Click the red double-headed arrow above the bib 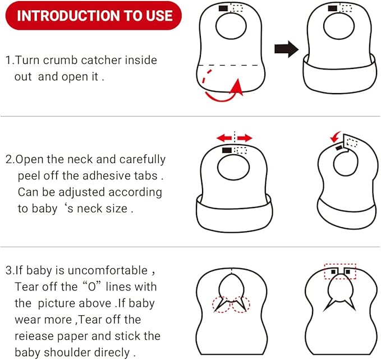tap(235, 137)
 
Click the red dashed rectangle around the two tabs tap(339, 271)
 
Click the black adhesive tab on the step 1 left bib tap(223, 8)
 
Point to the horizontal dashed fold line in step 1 tap(230, 65)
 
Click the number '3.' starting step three tap(10, 270)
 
